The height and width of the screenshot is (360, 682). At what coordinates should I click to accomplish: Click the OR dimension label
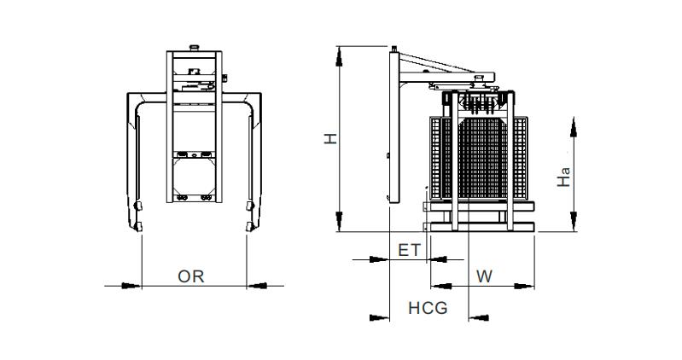[x=191, y=276]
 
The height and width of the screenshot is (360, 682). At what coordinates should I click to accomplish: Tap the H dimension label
[x=331, y=139]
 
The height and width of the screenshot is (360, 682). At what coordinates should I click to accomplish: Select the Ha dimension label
[x=563, y=177]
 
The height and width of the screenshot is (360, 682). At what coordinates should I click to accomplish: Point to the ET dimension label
[x=410, y=250]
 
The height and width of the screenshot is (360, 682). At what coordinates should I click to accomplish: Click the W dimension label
[x=484, y=276]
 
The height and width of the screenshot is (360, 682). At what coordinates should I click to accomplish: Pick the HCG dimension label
[x=428, y=308]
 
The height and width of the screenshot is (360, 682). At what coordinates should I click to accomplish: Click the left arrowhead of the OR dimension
[x=131, y=286]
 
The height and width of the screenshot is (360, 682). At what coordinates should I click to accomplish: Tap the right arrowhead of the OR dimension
[x=257, y=286]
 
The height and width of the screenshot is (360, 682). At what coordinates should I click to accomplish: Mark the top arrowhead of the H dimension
[x=339, y=56]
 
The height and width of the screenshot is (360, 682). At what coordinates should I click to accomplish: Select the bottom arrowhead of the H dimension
[x=339, y=221]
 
